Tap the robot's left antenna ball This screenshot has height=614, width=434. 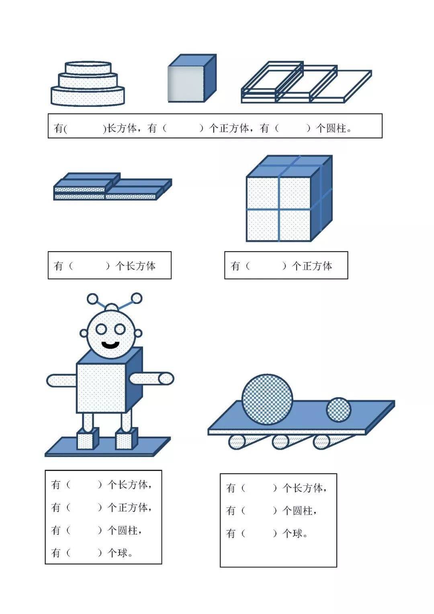92,299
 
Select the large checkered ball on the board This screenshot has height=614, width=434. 267,399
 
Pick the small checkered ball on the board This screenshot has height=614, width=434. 339,410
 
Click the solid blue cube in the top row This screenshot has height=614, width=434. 192,78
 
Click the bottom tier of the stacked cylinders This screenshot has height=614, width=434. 88,96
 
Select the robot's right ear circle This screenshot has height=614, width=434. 138,333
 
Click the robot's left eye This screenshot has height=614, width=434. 101,329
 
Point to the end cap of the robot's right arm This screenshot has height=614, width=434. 166,378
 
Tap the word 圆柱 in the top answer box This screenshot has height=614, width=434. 336,128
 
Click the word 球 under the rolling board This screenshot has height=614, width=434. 297,533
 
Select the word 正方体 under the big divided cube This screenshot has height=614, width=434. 317,266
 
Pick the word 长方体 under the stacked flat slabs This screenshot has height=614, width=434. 141,266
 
